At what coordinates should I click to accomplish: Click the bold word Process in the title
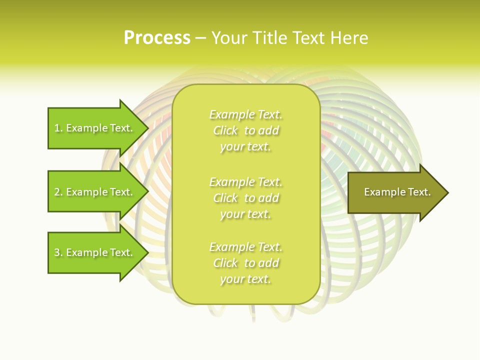coord(157,38)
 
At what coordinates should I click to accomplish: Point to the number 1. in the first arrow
coord(58,128)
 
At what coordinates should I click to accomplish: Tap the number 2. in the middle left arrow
coord(58,192)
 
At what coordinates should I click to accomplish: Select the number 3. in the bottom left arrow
coord(58,252)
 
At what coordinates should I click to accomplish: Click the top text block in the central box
coord(245,130)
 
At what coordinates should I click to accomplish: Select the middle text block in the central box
coord(245,198)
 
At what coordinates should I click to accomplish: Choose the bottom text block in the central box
coord(245,263)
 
